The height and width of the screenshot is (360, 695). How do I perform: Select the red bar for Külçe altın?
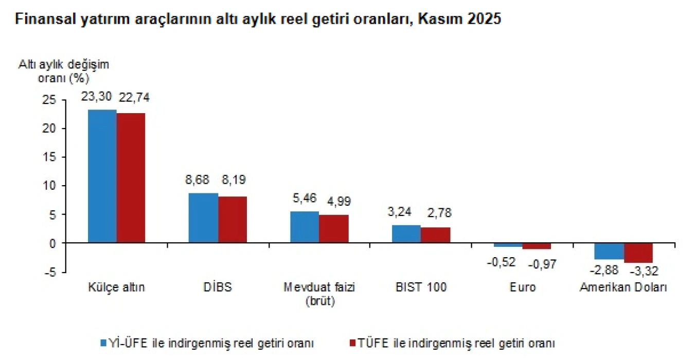coord(131,177)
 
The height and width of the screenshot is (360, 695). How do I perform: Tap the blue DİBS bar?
coord(203,218)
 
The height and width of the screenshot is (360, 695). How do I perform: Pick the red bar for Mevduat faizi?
coord(333,228)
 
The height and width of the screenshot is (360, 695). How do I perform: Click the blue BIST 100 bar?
coord(406,233)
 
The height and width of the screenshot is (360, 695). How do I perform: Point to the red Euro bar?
coord(537,246)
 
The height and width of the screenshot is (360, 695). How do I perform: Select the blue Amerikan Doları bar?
coord(609,251)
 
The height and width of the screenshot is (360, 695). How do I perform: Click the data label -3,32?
coord(641,270)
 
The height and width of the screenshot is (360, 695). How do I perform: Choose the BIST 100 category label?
coord(421,287)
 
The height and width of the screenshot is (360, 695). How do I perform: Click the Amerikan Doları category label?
coord(623,287)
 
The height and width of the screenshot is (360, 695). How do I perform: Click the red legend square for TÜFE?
coord(352,342)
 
